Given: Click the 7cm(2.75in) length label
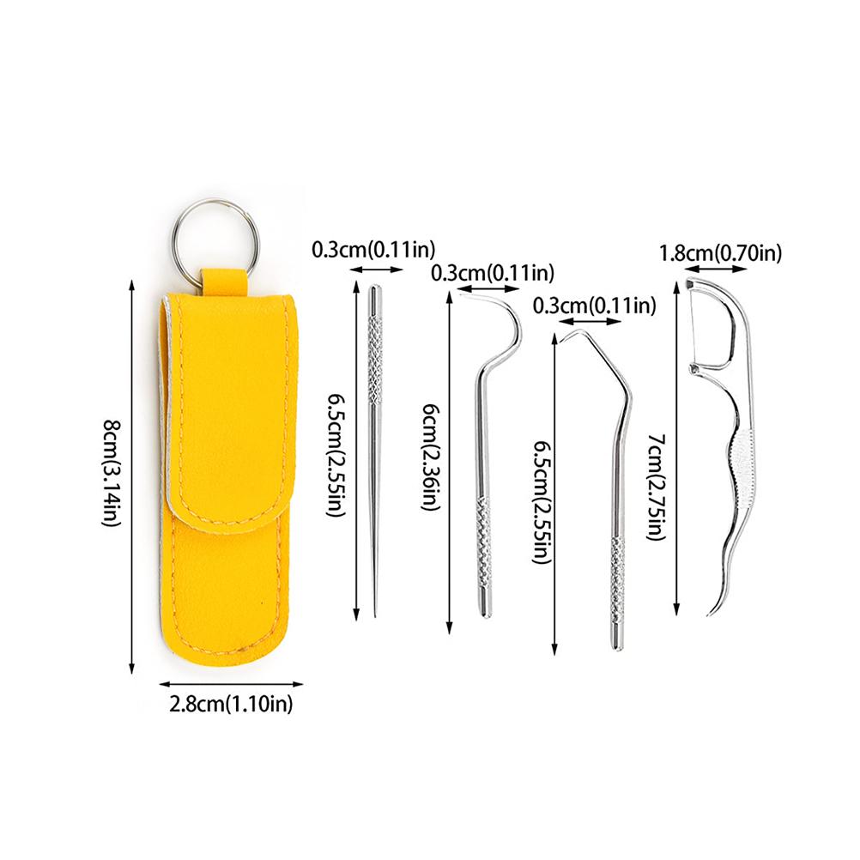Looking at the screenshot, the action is tap(656, 487).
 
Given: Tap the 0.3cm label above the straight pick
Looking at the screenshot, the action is tap(373, 250).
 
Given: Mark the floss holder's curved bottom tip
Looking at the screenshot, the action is tap(711, 610).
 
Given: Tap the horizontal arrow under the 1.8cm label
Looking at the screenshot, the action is tap(716, 269).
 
